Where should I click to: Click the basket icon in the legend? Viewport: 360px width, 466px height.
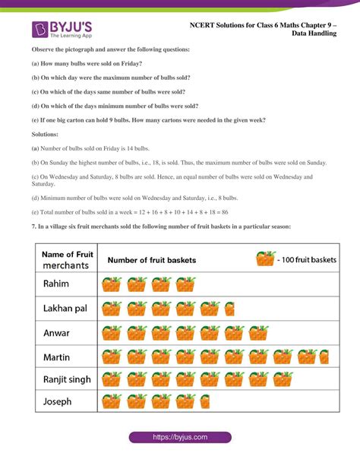[x=264, y=259]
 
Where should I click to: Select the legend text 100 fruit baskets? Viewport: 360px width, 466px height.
[x=309, y=260]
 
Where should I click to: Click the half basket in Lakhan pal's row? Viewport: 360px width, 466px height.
[x=208, y=309]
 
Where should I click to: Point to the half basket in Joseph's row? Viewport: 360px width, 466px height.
[x=204, y=401]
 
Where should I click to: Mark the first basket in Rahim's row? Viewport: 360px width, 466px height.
[x=112, y=284]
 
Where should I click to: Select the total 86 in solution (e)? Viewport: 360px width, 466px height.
[x=225, y=212]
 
